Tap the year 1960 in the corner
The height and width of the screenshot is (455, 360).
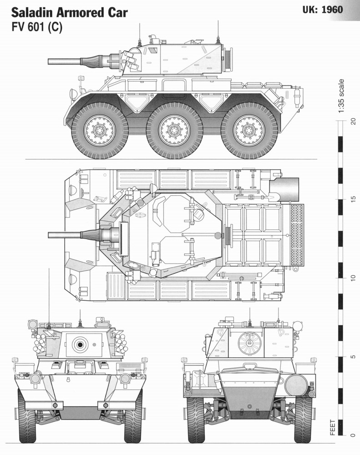[x=332, y=10]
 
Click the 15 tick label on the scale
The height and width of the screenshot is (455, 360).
[x=353, y=199]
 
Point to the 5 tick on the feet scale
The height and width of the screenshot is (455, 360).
[x=353, y=356]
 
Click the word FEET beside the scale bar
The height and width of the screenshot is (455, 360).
[x=333, y=427]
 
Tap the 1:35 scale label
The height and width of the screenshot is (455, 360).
[x=341, y=96]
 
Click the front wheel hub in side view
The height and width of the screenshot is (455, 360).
[x=100, y=131]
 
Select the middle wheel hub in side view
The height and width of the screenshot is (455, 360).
[x=174, y=130]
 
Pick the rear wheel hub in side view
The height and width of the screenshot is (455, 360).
[x=249, y=130]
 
